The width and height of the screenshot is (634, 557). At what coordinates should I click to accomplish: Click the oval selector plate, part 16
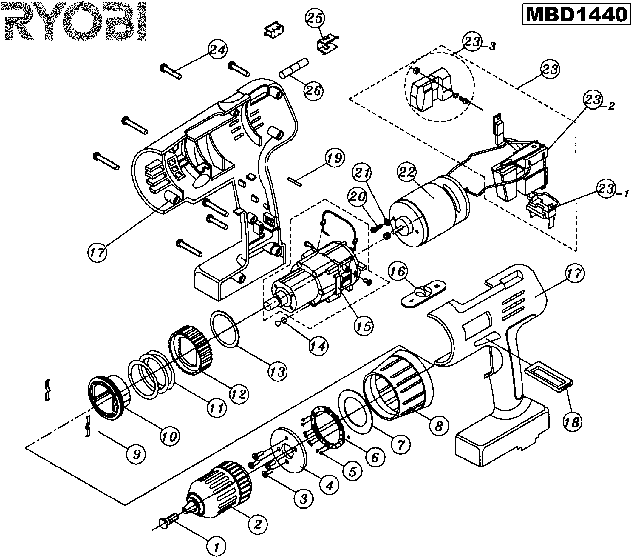click(x=423, y=294)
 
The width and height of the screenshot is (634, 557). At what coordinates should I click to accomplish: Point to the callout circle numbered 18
click(x=572, y=422)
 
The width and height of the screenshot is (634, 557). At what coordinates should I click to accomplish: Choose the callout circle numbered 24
click(x=217, y=50)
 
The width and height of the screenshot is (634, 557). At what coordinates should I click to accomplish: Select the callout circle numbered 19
click(x=335, y=158)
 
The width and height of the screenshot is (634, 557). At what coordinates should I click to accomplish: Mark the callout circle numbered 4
click(x=330, y=484)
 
